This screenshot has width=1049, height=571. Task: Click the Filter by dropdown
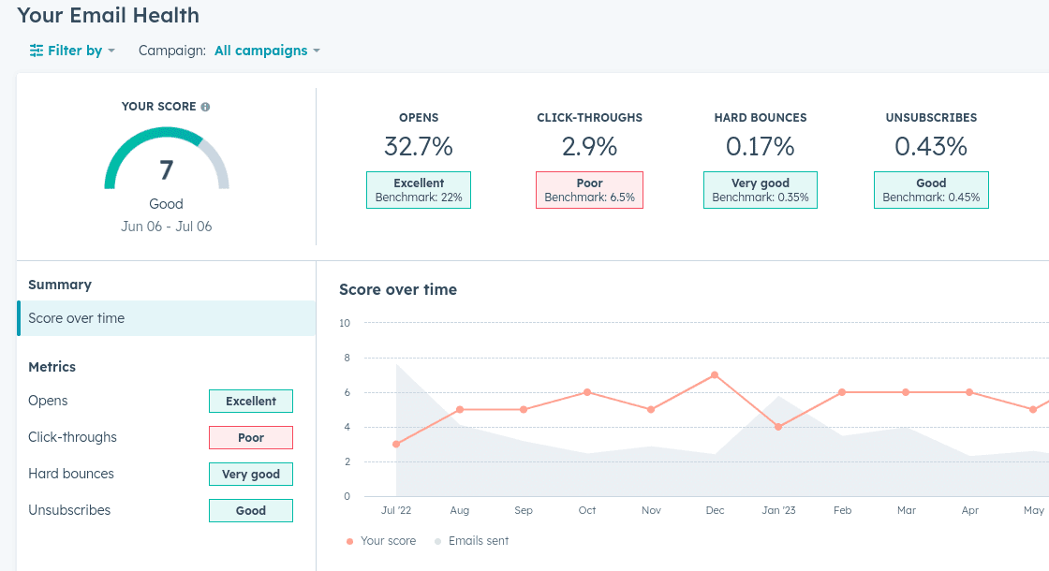pyautogui.click(x=72, y=51)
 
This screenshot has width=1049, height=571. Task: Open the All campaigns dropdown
pyautogui.click(x=267, y=51)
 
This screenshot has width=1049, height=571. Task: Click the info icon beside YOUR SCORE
pyautogui.click(x=205, y=107)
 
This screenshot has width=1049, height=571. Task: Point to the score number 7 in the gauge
pyautogui.click(x=166, y=169)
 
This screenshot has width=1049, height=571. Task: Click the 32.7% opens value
pyautogui.click(x=418, y=146)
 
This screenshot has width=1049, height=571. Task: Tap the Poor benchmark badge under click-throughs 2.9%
pyautogui.click(x=589, y=190)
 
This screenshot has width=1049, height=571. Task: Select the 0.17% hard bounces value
pyautogui.click(x=760, y=146)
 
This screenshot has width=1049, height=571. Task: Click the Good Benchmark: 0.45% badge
pyautogui.click(x=931, y=190)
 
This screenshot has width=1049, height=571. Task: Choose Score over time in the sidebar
pyautogui.click(x=77, y=318)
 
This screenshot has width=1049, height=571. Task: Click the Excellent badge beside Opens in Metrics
pyautogui.click(x=250, y=401)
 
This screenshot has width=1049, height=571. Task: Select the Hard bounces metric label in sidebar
pyautogui.click(x=71, y=474)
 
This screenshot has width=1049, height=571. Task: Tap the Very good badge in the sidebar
pyautogui.click(x=250, y=475)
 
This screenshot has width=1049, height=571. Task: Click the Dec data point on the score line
pyautogui.click(x=715, y=374)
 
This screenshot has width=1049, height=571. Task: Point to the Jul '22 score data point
pyautogui.click(x=396, y=444)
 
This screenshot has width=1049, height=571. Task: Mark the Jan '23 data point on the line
pyautogui.click(x=778, y=427)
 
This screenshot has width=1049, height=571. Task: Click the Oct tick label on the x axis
pyautogui.click(x=587, y=510)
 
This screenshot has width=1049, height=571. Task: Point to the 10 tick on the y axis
pyautogui.click(x=345, y=323)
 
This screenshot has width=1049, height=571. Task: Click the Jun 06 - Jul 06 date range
pyautogui.click(x=166, y=227)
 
